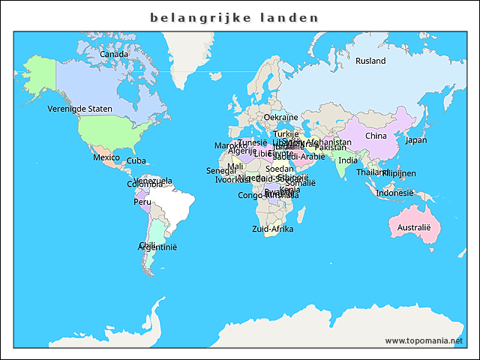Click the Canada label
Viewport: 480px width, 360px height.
click(114, 54)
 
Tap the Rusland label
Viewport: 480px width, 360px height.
click(370, 61)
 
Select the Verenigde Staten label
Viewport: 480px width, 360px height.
click(79, 109)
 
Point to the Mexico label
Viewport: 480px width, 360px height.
click(106, 157)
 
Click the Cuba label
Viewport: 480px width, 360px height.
click(136, 160)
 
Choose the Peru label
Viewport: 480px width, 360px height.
click(142, 202)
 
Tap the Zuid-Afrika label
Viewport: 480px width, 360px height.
click(272, 229)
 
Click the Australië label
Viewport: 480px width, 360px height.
click(414, 227)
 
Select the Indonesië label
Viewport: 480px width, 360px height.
click(394, 193)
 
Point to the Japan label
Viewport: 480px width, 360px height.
click(415, 139)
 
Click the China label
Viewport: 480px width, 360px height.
click(376, 136)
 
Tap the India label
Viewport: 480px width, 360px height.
click(347, 160)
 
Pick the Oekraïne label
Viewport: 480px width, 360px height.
click(280, 117)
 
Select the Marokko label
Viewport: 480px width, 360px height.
click(230, 145)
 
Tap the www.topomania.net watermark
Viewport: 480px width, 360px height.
click(424, 340)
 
